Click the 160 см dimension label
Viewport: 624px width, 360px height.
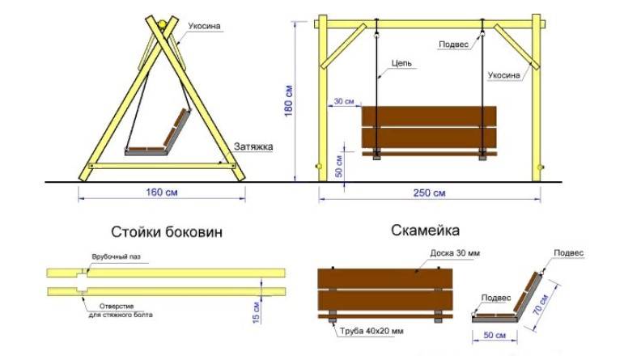tap(162, 193)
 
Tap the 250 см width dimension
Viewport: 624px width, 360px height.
tap(429, 193)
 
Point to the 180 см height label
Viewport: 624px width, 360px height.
tap(288, 101)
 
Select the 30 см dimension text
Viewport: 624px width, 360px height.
tap(344, 101)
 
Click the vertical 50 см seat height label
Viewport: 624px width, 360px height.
tap(338, 167)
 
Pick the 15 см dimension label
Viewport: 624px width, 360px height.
tap(257, 312)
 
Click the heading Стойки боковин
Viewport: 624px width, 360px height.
tap(167, 232)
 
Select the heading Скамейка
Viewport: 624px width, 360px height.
tap(426, 231)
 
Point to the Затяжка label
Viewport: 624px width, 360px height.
tap(253, 146)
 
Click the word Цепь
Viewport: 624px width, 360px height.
tap(401, 63)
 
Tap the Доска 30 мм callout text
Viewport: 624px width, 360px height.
tap(455, 253)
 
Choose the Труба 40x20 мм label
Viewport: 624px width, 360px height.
tap(371, 331)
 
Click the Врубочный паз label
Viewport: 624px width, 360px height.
tap(117, 256)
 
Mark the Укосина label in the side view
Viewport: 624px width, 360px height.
tap(204, 26)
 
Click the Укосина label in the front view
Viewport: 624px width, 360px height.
tap(504, 75)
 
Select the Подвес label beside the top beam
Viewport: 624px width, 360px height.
tap(453, 44)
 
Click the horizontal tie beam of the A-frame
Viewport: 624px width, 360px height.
tap(162, 166)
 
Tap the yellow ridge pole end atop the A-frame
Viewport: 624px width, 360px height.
tap(162, 24)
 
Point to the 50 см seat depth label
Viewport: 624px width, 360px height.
tap(495, 335)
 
